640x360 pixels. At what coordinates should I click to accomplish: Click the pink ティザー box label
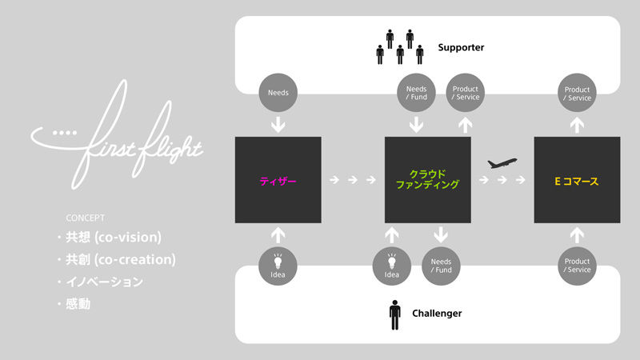pos(278,181)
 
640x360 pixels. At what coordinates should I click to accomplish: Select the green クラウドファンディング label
pos(427,179)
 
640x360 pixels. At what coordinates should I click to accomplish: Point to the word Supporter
pos(461,47)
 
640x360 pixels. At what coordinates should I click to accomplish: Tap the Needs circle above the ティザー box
pos(278,92)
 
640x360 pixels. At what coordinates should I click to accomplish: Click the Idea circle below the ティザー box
pos(278,266)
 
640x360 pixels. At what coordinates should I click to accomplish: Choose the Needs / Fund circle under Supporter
pos(416,93)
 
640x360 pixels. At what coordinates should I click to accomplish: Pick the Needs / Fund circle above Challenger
pos(441,266)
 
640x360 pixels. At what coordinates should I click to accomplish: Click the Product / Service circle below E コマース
pos(578,266)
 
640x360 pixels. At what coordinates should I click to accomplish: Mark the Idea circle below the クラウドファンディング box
pos(391,266)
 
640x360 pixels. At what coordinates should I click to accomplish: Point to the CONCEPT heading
pos(86,218)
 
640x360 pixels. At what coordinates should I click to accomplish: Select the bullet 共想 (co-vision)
pos(114,238)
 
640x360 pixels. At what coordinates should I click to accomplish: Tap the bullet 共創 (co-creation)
pos(120,260)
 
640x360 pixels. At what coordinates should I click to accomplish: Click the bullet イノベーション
pos(104,282)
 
